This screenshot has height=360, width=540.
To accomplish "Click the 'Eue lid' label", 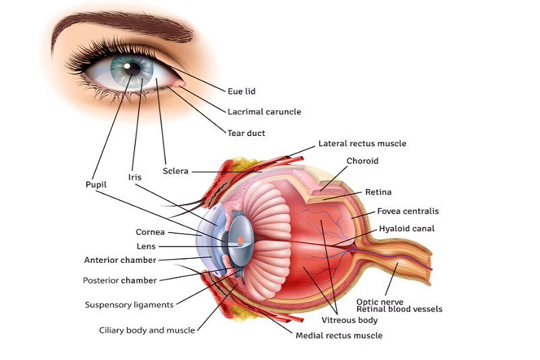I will point(241,91).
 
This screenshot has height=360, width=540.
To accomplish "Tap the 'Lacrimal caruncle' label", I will point(264,111).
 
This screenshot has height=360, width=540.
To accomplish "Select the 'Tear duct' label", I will point(246,133).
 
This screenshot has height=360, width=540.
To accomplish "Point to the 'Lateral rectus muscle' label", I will point(362,144).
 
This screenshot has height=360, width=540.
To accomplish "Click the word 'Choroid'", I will point(362,161).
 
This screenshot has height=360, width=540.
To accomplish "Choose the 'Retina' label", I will point(378,192).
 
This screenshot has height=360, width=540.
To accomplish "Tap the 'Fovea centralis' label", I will point(408,211).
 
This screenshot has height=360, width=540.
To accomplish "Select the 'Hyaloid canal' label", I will point(406,229).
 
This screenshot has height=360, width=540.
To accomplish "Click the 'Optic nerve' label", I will point(380,302).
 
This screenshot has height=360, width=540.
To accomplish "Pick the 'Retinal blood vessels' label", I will point(400,309).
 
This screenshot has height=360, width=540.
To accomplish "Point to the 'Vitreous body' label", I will point(349,320).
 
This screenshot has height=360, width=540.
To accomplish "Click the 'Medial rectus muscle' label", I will point(339,336).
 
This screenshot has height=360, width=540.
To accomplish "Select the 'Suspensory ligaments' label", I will point(129,305).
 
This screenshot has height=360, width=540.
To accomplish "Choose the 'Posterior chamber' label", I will point(119,280).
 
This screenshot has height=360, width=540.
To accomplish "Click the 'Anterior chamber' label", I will point(120,260).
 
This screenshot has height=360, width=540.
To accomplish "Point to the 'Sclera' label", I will point(175,172).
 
